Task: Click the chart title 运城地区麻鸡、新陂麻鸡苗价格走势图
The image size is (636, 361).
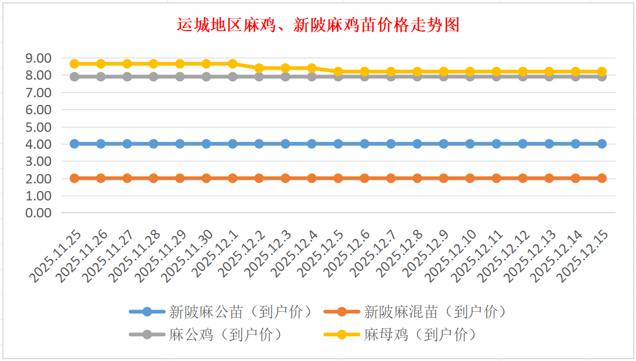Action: [318, 25]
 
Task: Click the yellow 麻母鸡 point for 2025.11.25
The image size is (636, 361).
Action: [74, 64]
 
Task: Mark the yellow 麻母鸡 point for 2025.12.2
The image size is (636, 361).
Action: [259, 68]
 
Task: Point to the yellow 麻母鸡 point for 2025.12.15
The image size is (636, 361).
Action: [601, 71]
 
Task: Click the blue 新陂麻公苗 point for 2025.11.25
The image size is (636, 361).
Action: [74, 144]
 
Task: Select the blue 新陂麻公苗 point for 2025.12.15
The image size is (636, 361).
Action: [601, 144]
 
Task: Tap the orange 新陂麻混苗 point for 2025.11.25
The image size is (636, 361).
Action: [74, 178]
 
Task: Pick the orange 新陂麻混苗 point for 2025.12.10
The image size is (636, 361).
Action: [470, 178]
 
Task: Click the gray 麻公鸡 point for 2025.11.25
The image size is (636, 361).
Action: [74, 77]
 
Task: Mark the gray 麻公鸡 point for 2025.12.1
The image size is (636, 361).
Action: [232, 77]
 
